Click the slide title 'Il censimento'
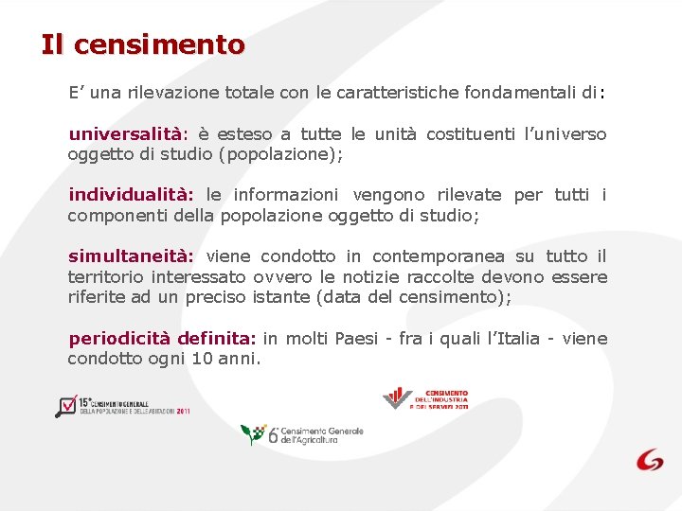[x=143, y=44]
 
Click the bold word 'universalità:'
[x=128, y=134]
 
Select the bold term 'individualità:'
[x=131, y=195]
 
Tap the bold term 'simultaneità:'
[x=131, y=256]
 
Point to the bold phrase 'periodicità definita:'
[x=162, y=339]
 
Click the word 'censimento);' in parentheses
[x=462, y=296]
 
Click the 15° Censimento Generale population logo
[x=123, y=406]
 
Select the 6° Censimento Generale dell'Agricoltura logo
[x=301, y=435]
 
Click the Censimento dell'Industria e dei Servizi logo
[x=425, y=398]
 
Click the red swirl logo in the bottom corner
[x=650, y=460]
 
